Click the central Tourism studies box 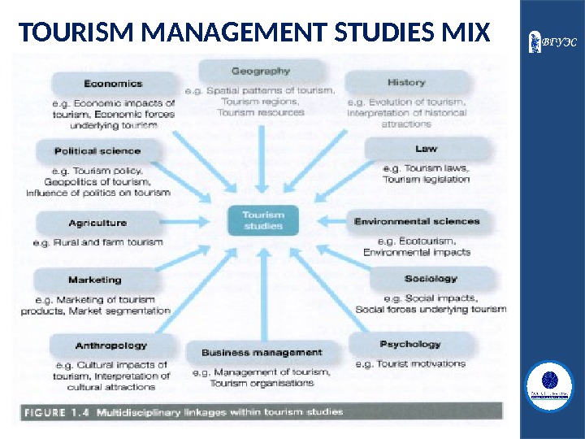tap(263, 220)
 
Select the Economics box tap(114, 83)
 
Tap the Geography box tap(260, 71)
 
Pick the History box tap(406, 82)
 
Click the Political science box tap(97, 150)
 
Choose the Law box tap(426, 149)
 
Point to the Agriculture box tap(97, 223)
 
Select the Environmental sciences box tap(417, 221)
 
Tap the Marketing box tap(95, 280)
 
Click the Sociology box tap(431, 279)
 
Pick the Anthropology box tap(111, 346)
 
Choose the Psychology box tap(410, 345)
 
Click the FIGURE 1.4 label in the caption tap(56, 412)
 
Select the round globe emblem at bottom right tap(550, 383)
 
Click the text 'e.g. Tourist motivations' tap(410, 364)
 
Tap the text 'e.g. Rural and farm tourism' tap(97, 242)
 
